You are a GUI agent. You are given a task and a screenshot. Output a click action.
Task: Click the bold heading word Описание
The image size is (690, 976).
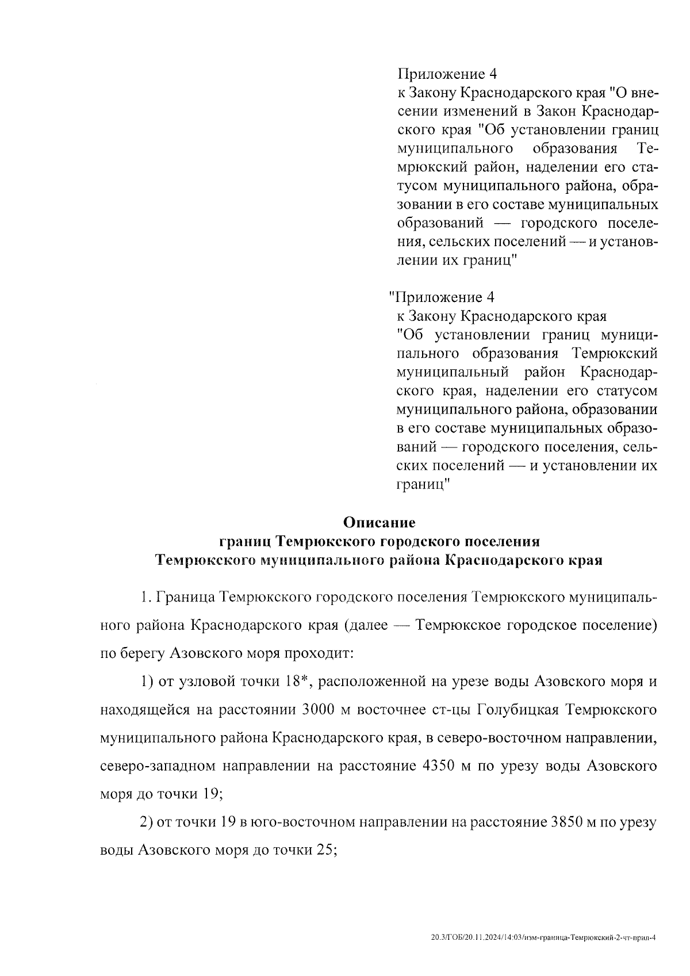click(378, 523)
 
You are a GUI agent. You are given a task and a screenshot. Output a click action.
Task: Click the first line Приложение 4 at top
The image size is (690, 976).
click(446, 74)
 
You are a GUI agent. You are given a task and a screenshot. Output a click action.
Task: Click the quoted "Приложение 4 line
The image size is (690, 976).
click(442, 297)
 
